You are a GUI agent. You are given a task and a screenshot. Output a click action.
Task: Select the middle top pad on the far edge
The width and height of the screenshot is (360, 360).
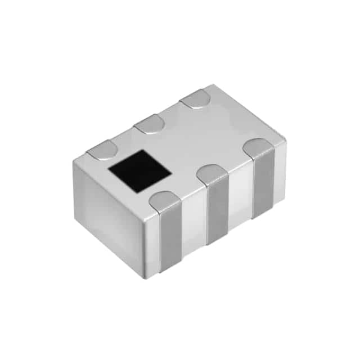150,123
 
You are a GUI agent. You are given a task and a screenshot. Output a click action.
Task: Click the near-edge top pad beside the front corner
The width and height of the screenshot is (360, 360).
164,201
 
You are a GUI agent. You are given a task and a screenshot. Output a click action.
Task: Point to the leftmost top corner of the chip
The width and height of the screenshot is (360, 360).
74,162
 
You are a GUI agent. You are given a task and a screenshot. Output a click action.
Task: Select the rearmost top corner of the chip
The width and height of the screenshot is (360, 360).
212,85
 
